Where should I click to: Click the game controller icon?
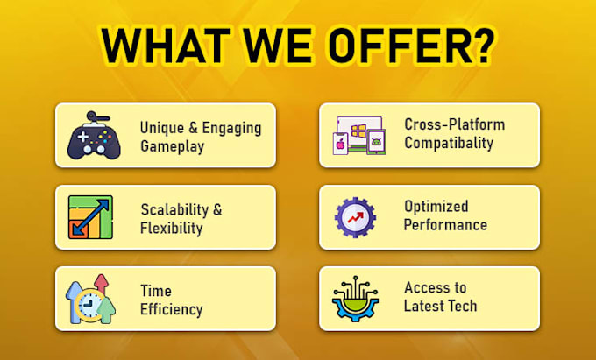click(x=94, y=135)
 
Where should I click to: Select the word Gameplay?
click(x=172, y=146)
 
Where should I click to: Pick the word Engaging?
click(x=231, y=129)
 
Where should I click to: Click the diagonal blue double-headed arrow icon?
click(x=91, y=217)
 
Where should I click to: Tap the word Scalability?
click(x=174, y=209)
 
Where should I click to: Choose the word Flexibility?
click(x=171, y=229)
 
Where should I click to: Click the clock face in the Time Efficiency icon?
click(x=89, y=304)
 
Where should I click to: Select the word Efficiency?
click(x=171, y=309)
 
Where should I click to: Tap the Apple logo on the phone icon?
click(x=340, y=145)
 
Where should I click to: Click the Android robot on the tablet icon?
click(x=376, y=143)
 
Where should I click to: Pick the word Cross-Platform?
click(x=455, y=124)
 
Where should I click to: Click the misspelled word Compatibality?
click(x=449, y=143)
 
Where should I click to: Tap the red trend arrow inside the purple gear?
click(x=355, y=217)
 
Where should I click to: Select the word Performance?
click(x=445, y=225)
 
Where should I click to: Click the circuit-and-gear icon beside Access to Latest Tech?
click(x=355, y=299)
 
